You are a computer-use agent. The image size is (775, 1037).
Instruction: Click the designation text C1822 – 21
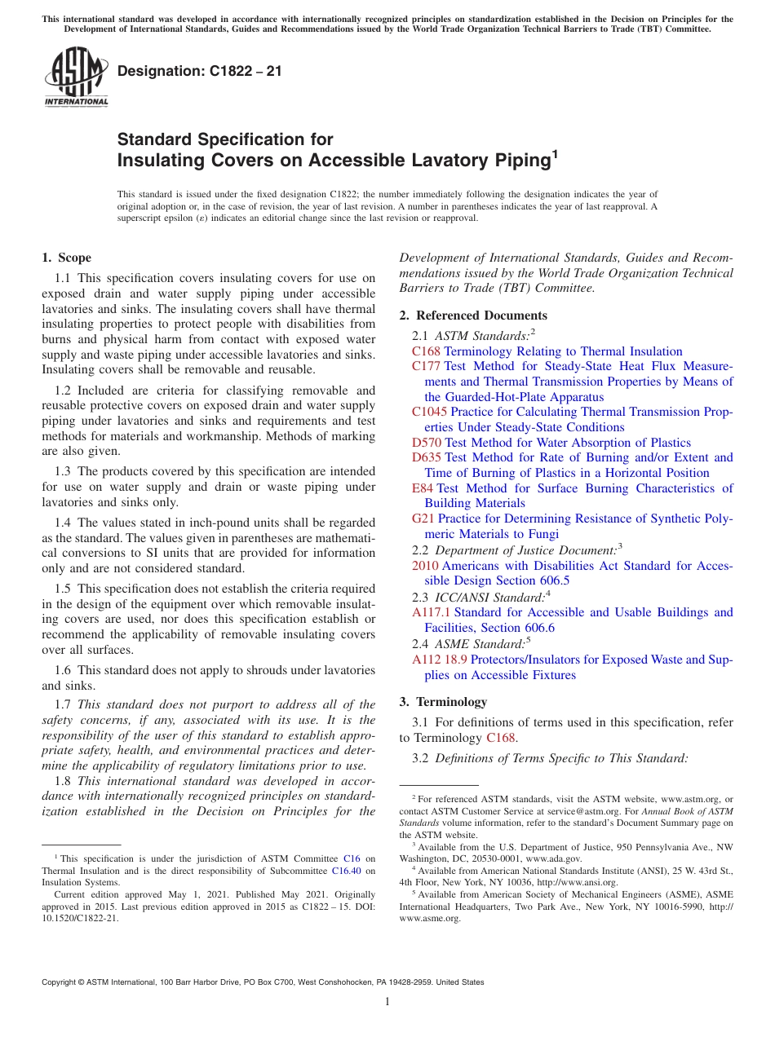[x=200, y=71]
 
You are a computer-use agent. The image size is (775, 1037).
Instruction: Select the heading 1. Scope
[x=66, y=258]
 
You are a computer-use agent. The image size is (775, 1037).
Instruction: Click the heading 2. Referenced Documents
[x=473, y=316]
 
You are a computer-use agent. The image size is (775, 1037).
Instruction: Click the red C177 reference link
[x=426, y=367]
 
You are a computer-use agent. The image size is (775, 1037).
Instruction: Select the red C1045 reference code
[x=429, y=413]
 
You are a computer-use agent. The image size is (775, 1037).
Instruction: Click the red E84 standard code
[x=423, y=488]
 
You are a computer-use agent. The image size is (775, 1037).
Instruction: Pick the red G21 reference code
[x=423, y=518]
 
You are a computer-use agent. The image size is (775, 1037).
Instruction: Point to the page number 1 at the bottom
[x=387, y=1002]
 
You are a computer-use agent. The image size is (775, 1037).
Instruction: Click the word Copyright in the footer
[x=62, y=982]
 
